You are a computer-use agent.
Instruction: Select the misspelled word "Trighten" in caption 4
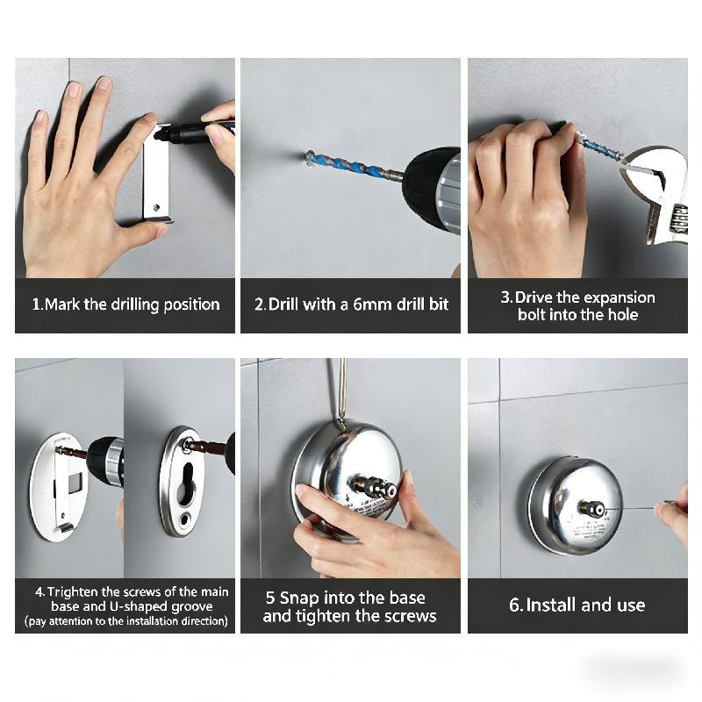pos(72,591)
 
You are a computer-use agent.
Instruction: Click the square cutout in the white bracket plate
pos(75,482)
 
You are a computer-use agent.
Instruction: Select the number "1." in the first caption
pos(38,304)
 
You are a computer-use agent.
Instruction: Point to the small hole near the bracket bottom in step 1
pos(156,207)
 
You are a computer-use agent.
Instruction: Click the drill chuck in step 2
pos(431,187)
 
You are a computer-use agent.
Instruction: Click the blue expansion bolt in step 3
pos(599,146)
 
